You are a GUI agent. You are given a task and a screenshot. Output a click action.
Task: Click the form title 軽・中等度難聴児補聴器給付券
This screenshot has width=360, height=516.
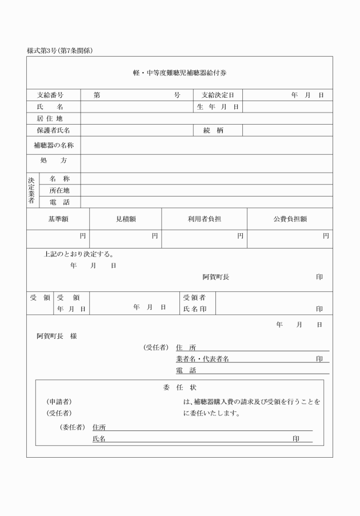pyautogui.click(x=180, y=73)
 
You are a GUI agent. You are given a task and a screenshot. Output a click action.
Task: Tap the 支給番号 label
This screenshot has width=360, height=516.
pyautogui.click(x=50, y=95)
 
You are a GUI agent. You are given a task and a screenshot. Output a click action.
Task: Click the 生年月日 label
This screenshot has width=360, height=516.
pyautogui.click(x=217, y=107)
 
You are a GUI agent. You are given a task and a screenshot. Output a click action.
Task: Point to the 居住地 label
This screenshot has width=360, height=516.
pyautogui.click(x=49, y=118)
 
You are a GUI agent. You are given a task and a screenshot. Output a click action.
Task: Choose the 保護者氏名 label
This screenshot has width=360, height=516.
pyautogui.click(x=53, y=130)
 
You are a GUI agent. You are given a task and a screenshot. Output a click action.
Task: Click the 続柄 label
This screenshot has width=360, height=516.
pyautogui.click(x=213, y=130)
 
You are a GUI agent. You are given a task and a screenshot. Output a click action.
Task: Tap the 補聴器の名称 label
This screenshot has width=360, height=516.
pyautogui.click(x=54, y=145)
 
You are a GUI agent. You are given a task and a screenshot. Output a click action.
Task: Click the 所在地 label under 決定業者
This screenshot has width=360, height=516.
pyautogui.click(x=59, y=190)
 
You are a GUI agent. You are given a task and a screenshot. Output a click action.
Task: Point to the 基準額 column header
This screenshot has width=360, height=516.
pyautogui.click(x=58, y=218)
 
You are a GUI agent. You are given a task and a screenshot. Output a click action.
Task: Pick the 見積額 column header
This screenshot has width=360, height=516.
pyautogui.click(x=126, y=218)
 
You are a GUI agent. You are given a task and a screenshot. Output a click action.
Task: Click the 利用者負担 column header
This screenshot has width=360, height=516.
pyautogui.click(x=204, y=218)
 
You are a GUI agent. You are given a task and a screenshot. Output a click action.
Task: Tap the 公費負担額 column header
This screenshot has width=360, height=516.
pyautogui.click(x=290, y=218)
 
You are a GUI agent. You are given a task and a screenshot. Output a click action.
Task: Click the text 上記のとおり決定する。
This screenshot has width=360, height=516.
pyautogui.click(x=78, y=254)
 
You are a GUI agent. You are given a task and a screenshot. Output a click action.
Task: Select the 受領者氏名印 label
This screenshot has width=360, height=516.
pyautogui.click(x=195, y=303)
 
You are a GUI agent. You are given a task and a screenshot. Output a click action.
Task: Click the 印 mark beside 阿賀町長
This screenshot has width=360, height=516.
pyautogui.click(x=319, y=277)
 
